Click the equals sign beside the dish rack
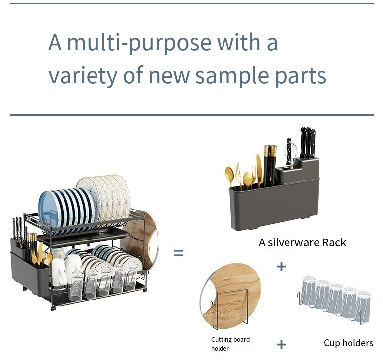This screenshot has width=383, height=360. tap(178, 253)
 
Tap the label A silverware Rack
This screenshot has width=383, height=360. tap(302, 242)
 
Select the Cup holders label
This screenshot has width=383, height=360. tap(348, 343)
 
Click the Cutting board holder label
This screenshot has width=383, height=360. tap(230, 344)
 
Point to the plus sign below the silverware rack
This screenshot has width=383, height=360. tap(281, 266)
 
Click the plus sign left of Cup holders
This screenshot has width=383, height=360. tap(281, 344)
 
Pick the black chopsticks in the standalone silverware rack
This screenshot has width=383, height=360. tap(269, 163)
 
